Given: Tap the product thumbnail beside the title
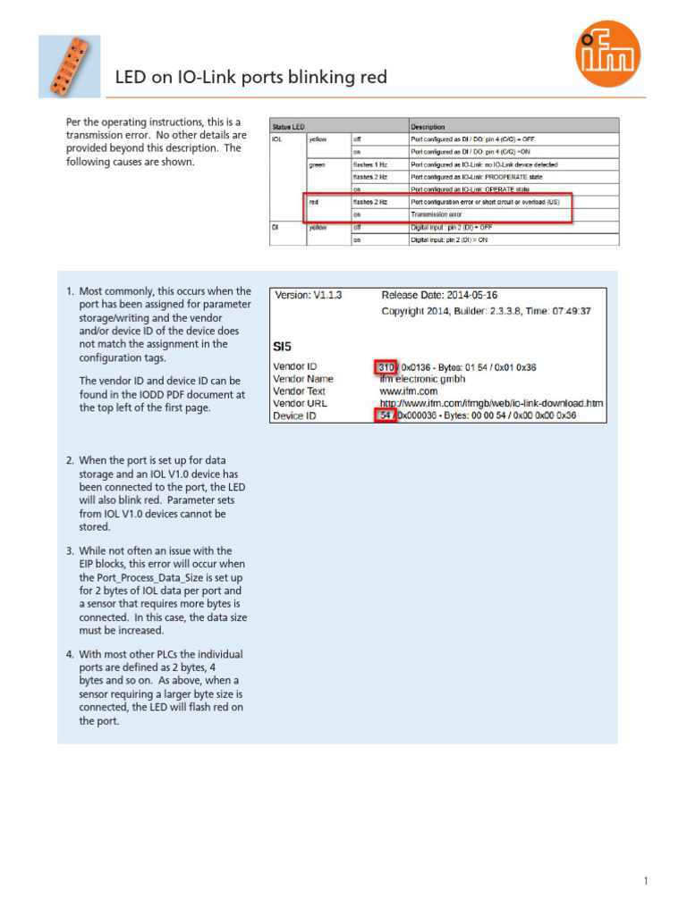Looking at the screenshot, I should tap(70, 66).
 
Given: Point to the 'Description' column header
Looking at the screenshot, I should tap(428, 127).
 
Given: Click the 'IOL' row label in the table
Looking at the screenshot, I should tap(277, 139).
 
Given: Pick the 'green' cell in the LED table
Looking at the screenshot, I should tap(318, 164).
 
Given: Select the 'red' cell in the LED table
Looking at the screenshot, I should tap(314, 202).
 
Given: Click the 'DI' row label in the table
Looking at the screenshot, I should tap(276, 227).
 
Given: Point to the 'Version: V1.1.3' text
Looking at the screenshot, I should tap(309, 294).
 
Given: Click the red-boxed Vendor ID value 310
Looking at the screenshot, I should tap(386, 366).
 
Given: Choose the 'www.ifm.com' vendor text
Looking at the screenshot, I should tap(408, 391).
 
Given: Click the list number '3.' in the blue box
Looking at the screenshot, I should tap(70, 551).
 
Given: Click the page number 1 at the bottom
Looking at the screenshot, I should tap(645, 882).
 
